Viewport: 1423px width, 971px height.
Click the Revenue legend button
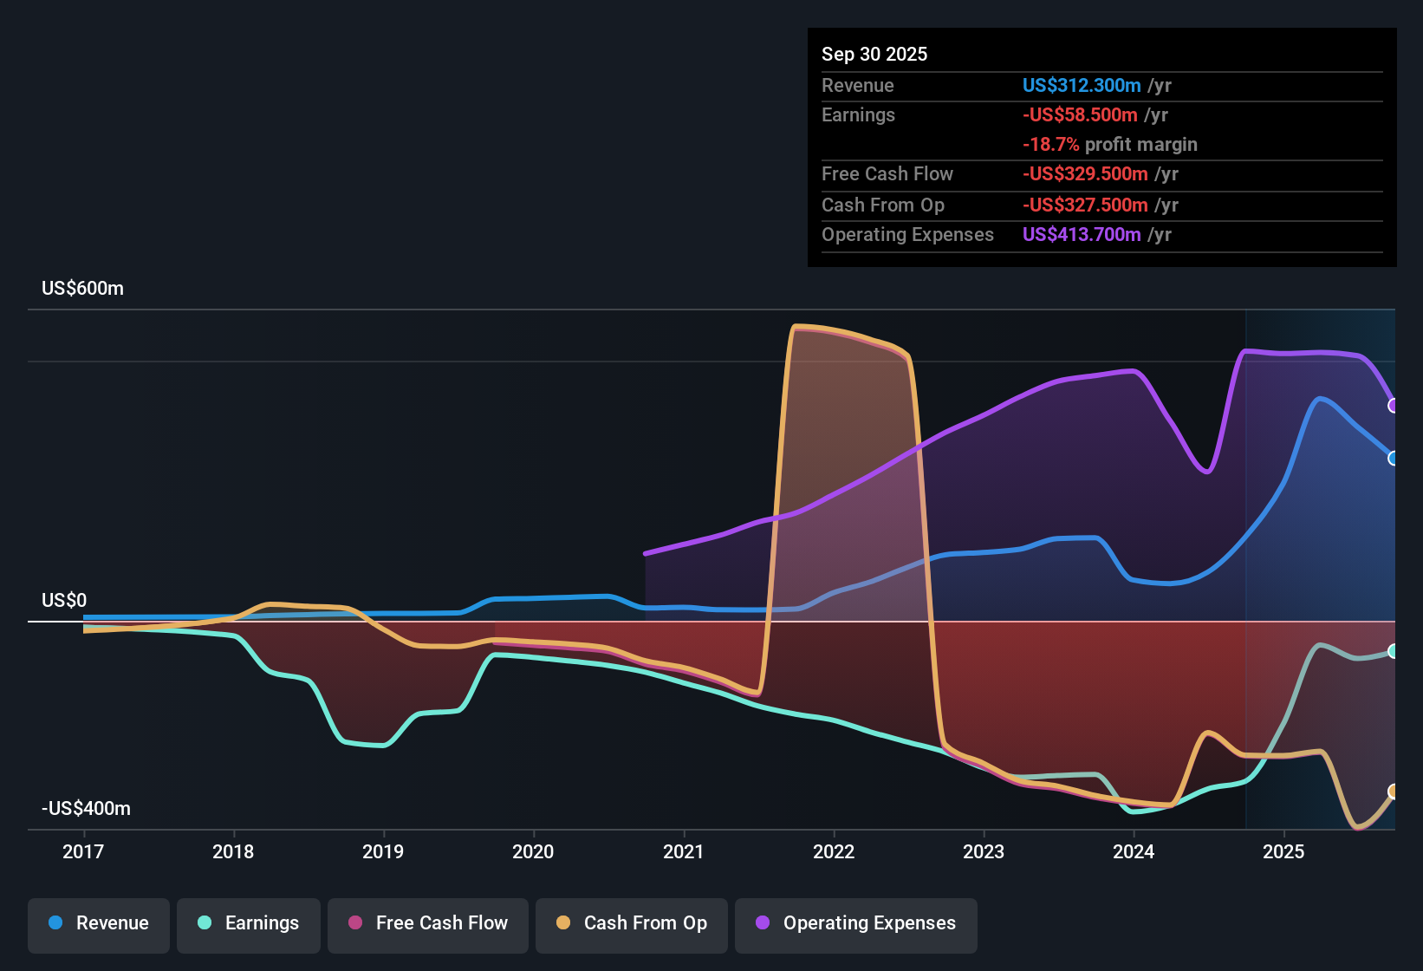coord(99,923)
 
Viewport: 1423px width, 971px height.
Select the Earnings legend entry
coord(249,923)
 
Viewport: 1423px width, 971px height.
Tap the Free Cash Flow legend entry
coord(428,923)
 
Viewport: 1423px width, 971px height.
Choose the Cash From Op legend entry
coord(632,923)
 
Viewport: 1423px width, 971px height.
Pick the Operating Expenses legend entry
coord(856,923)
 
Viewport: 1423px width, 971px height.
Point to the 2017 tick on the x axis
coord(83,851)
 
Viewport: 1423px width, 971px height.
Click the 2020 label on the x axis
coord(533,851)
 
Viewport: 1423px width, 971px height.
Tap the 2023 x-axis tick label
coord(984,851)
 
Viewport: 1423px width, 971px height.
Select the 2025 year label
coord(1283,851)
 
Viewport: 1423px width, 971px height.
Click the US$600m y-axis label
coord(82,289)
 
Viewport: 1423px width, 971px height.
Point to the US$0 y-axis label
coord(64,601)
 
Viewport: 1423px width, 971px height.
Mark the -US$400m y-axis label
coord(86,809)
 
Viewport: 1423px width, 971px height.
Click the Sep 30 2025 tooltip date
coord(874,55)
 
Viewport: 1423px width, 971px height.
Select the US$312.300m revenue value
coord(1082,86)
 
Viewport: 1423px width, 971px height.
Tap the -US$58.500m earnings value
coord(1080,115)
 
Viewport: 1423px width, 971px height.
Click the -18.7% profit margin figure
coord(1050,145)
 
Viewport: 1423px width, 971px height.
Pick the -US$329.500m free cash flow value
coord(1085,174)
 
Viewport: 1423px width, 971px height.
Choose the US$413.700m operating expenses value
coord(1082,235)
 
